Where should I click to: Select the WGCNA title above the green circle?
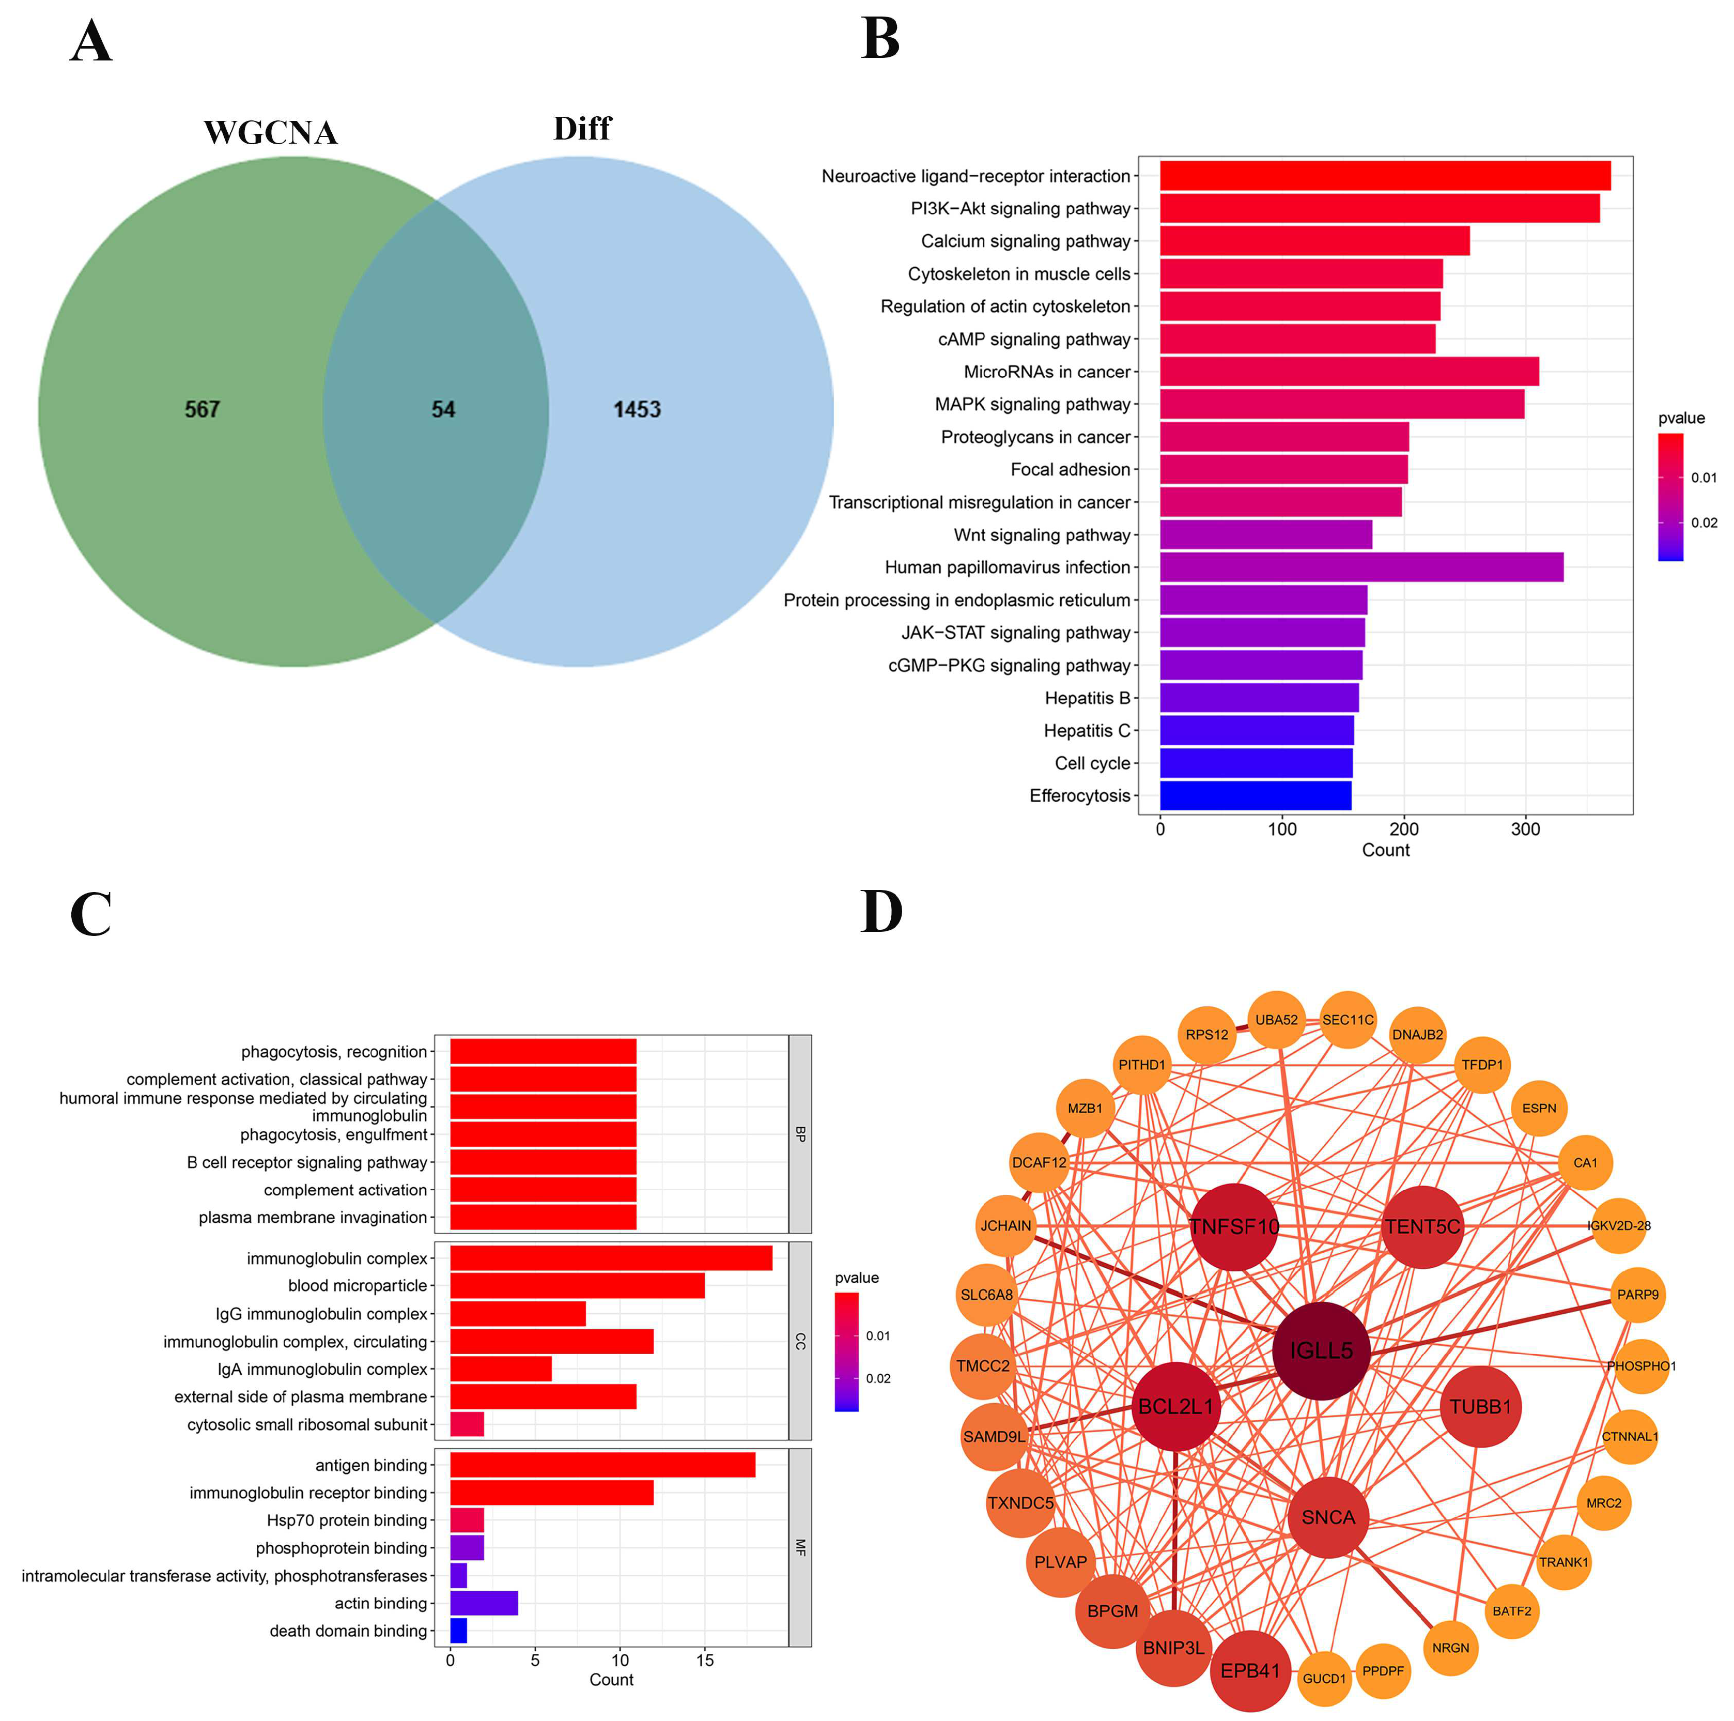coord(270,133)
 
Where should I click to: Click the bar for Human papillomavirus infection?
coord(1360,567)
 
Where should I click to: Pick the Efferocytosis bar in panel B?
coord(1255,795)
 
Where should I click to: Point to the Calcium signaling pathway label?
coord(1025,241)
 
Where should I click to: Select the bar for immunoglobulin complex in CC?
coord(610,1258)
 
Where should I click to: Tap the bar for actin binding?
coord(484,1603)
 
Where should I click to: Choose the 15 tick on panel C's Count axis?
coord(705,1660)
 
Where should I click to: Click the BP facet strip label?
coord(800,1134)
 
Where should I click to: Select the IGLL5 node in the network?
coord(1321,1351)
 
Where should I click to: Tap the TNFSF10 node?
coord(1234,1226)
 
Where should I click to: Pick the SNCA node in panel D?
coord(1328,1518)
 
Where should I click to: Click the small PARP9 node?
coord(1638,1295)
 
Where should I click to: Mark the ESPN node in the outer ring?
coord(1539,1108)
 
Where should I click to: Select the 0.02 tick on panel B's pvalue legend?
coord(1704,523)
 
